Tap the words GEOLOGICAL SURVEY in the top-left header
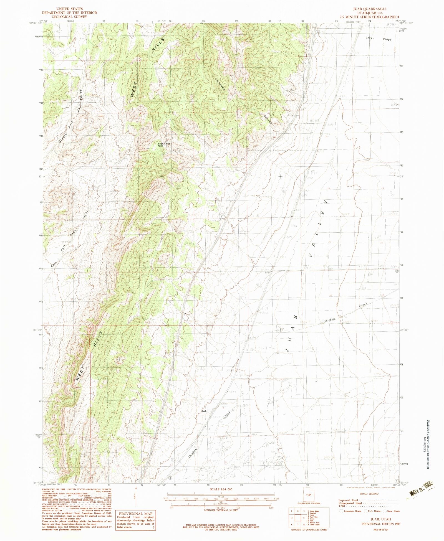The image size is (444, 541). (69, 17)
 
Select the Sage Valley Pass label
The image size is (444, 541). (164, 144)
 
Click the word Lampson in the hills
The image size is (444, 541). (220, 83)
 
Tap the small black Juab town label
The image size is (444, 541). (204, 411)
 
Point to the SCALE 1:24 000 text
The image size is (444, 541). (221, 489)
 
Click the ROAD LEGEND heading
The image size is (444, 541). (369, 494)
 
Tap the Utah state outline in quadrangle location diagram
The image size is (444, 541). (309, 495)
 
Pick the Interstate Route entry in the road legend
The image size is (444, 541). (351, 511)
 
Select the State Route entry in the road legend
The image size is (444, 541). (392, 511)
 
